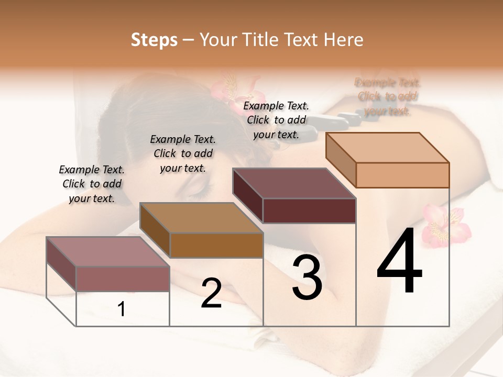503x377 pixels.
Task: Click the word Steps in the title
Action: point(154,39)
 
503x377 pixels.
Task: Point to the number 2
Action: point(211,293)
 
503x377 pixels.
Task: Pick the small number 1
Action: point(121,309)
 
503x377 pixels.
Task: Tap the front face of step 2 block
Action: point(216,245)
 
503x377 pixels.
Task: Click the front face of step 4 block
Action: point(402,175)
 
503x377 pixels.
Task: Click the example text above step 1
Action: point(92,184)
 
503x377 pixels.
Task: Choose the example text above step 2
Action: point(183,153)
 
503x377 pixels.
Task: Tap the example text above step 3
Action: point(276,120)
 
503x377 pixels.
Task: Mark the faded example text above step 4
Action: point(387,97)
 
